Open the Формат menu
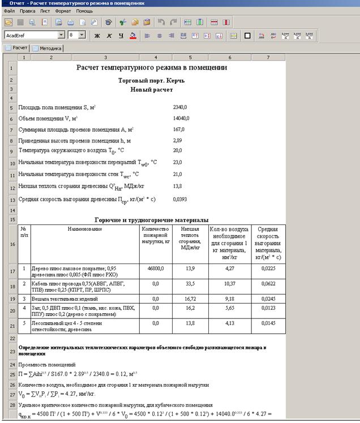pyautogui.click(x=62, y=11)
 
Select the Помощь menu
pyautogui.click(x=84, y=11)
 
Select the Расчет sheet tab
pyautogui.click(x=17, y=49)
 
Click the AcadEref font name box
pyautogui.click(x=31, y=35)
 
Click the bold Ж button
pyautogui.click(x=97, y=35)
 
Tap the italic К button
pyautogui.click(x=109, y=35)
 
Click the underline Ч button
pyautogui.click(x=121, y=35)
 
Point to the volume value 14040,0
pyautogui.click(x=181, y=118)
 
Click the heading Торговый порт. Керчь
pyautogui.click(x=151, y=80)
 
